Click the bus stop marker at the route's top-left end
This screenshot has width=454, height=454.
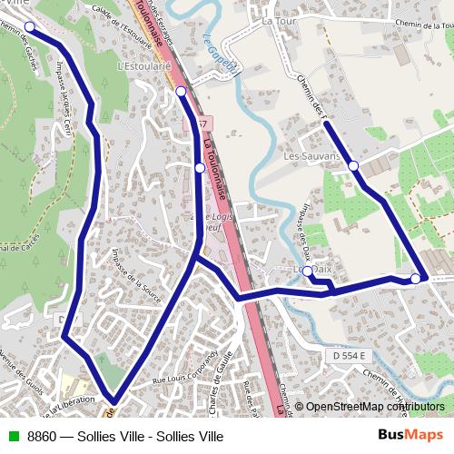[x=29, y=26]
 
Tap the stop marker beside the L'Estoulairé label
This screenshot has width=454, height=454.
[x=181, y=91]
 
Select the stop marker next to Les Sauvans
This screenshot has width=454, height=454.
[x=353, y=165]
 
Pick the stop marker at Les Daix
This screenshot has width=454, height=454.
[x=308, y=271]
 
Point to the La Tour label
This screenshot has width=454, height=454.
[x=272, y=19]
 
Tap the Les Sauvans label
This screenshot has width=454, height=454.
[x=311, y=156]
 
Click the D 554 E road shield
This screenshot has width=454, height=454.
[x=348, y=356]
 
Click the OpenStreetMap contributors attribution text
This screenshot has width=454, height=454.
[x=373, y=407]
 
